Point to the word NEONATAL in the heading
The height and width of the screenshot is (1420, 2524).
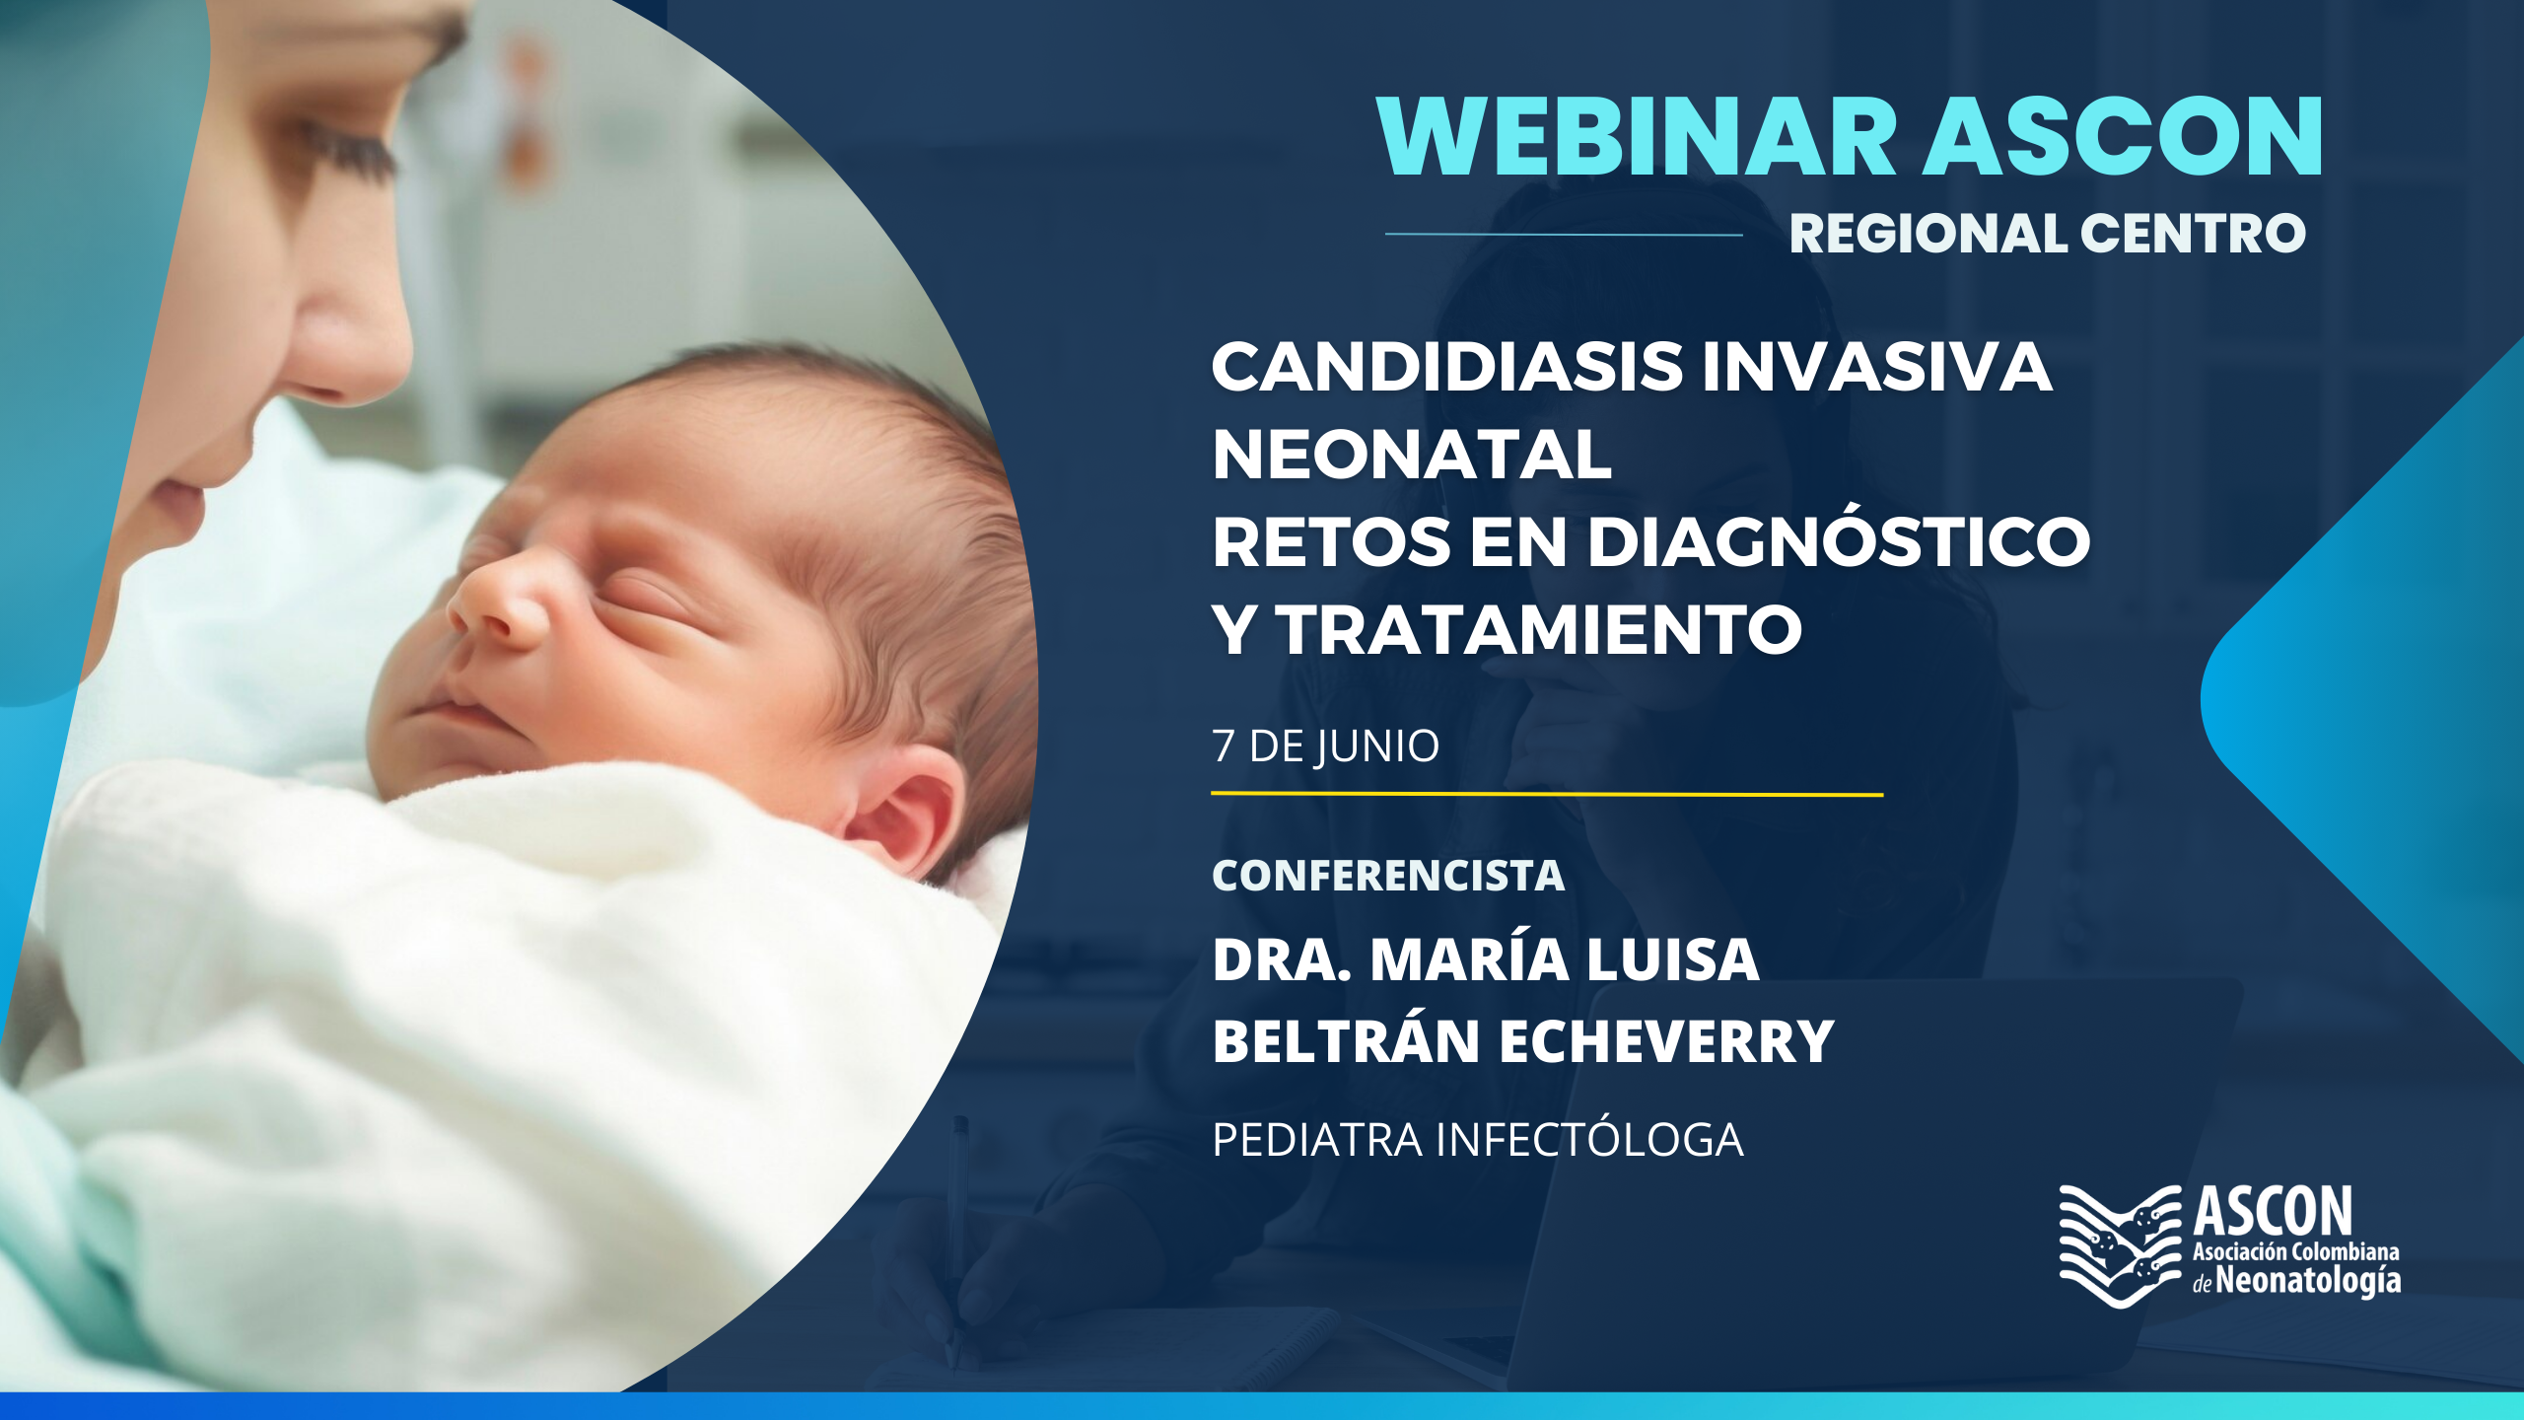click(x=1412, y=455)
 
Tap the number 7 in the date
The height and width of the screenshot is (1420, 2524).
click(x=1224, y=746)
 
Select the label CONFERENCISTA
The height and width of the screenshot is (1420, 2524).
click(x=1388, y=876)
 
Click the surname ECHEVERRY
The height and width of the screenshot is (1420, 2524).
click(x=1667, y=1041)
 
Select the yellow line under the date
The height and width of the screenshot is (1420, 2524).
click(x=1547, y=793)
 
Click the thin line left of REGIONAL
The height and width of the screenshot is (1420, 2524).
click(x=1564, y=234)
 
